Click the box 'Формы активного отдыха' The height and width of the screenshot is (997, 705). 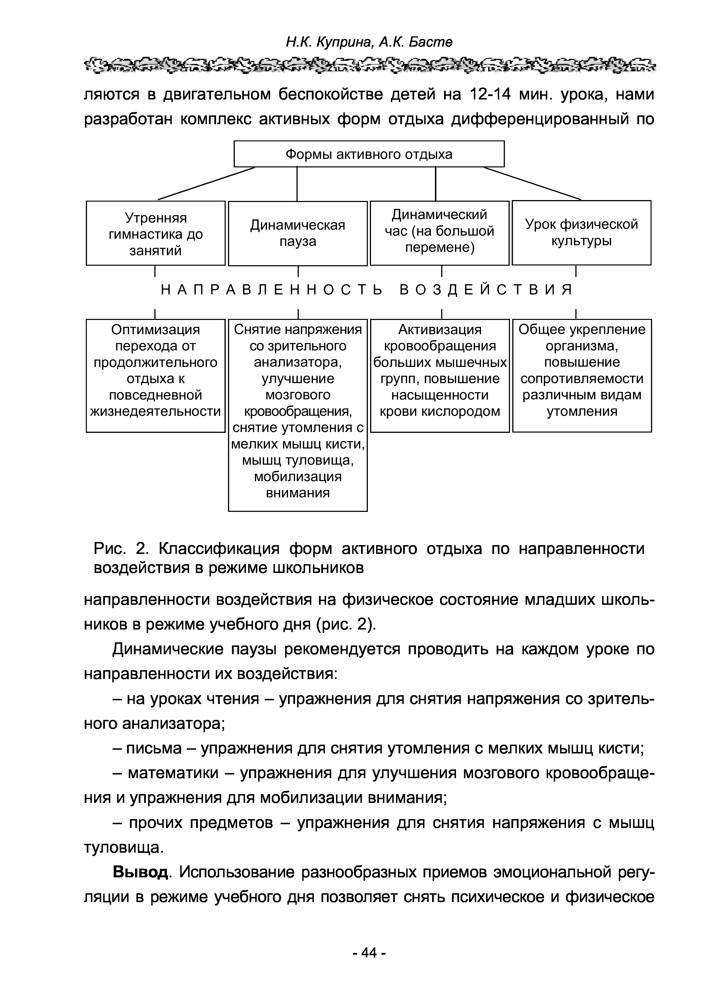(x=369, y=154)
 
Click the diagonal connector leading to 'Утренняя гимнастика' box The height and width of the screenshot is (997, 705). (x=207, y=183)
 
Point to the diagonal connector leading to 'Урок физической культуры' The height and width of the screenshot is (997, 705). (x=532, y=183)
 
